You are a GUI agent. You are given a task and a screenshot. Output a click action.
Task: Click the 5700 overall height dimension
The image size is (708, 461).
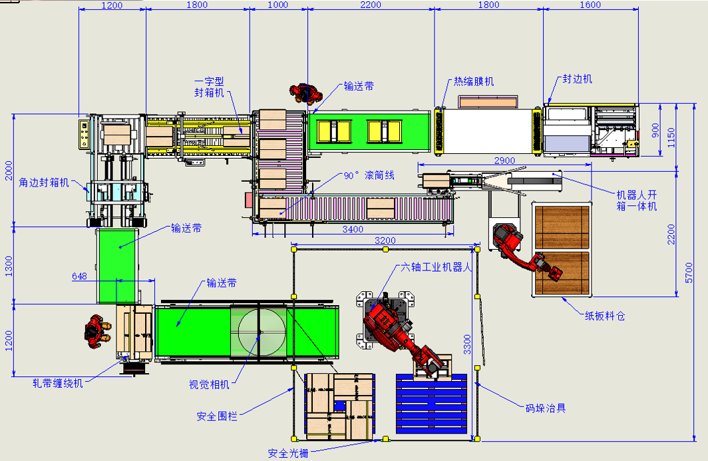click(x=689, y=272)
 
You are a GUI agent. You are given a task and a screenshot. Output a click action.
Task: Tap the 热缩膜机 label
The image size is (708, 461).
click(x=474, y=81)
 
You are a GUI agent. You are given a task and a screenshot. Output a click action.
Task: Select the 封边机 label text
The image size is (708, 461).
click(x=577, y=79)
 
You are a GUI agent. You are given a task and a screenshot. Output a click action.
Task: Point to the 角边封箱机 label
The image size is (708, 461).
click(x=44, y=183)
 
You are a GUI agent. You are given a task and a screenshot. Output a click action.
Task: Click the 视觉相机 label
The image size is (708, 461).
click(x=209, y=384)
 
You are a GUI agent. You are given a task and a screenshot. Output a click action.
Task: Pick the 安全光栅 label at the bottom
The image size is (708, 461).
click(x=288, y=453)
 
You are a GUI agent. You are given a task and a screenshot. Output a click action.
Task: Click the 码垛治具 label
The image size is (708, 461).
click(x=546, y=408)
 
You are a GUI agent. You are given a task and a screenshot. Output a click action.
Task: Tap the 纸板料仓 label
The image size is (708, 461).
click(x=605, y=316)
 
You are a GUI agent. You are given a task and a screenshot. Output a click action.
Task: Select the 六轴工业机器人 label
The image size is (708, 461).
click(x=437, y=267)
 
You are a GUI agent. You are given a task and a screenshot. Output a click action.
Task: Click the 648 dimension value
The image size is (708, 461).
click(x=79, y=276)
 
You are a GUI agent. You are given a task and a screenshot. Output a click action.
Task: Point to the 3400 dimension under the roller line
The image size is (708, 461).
click(x=353, y=229)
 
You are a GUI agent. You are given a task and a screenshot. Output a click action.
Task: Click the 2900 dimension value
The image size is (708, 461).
click(x=504, y=161)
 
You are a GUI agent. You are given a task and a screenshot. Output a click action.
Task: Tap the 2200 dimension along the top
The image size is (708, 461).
click(x=371, y=5)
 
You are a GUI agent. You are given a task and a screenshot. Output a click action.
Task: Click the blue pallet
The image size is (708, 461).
click(x=432, y=404)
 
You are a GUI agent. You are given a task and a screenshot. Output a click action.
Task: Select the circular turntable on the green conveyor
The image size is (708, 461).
click(x=262, y=332)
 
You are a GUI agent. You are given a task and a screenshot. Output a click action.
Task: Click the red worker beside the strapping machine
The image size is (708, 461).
click(x=97, y=332)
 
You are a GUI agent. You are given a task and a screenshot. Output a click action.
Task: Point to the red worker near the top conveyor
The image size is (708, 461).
click(x=305, y=93)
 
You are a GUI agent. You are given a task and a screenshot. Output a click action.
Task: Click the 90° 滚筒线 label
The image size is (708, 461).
click(x=369, y=175)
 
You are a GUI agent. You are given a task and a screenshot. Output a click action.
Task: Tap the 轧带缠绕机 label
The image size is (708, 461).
click(x=58, y=383)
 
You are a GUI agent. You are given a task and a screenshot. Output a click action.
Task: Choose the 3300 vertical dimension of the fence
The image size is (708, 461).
click(x=467, y=344)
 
